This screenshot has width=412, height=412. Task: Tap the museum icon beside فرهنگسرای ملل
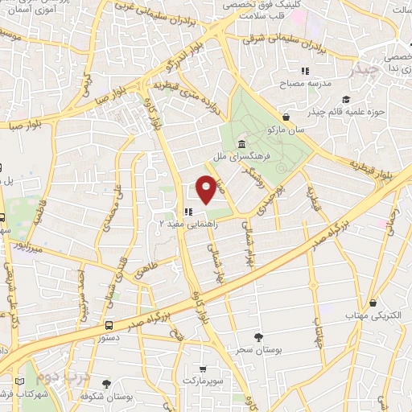(x=241, y=144)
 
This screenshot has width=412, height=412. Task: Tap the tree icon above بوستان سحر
(x=258, y=336)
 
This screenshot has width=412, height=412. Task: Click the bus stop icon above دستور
(x=109, y=325)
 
